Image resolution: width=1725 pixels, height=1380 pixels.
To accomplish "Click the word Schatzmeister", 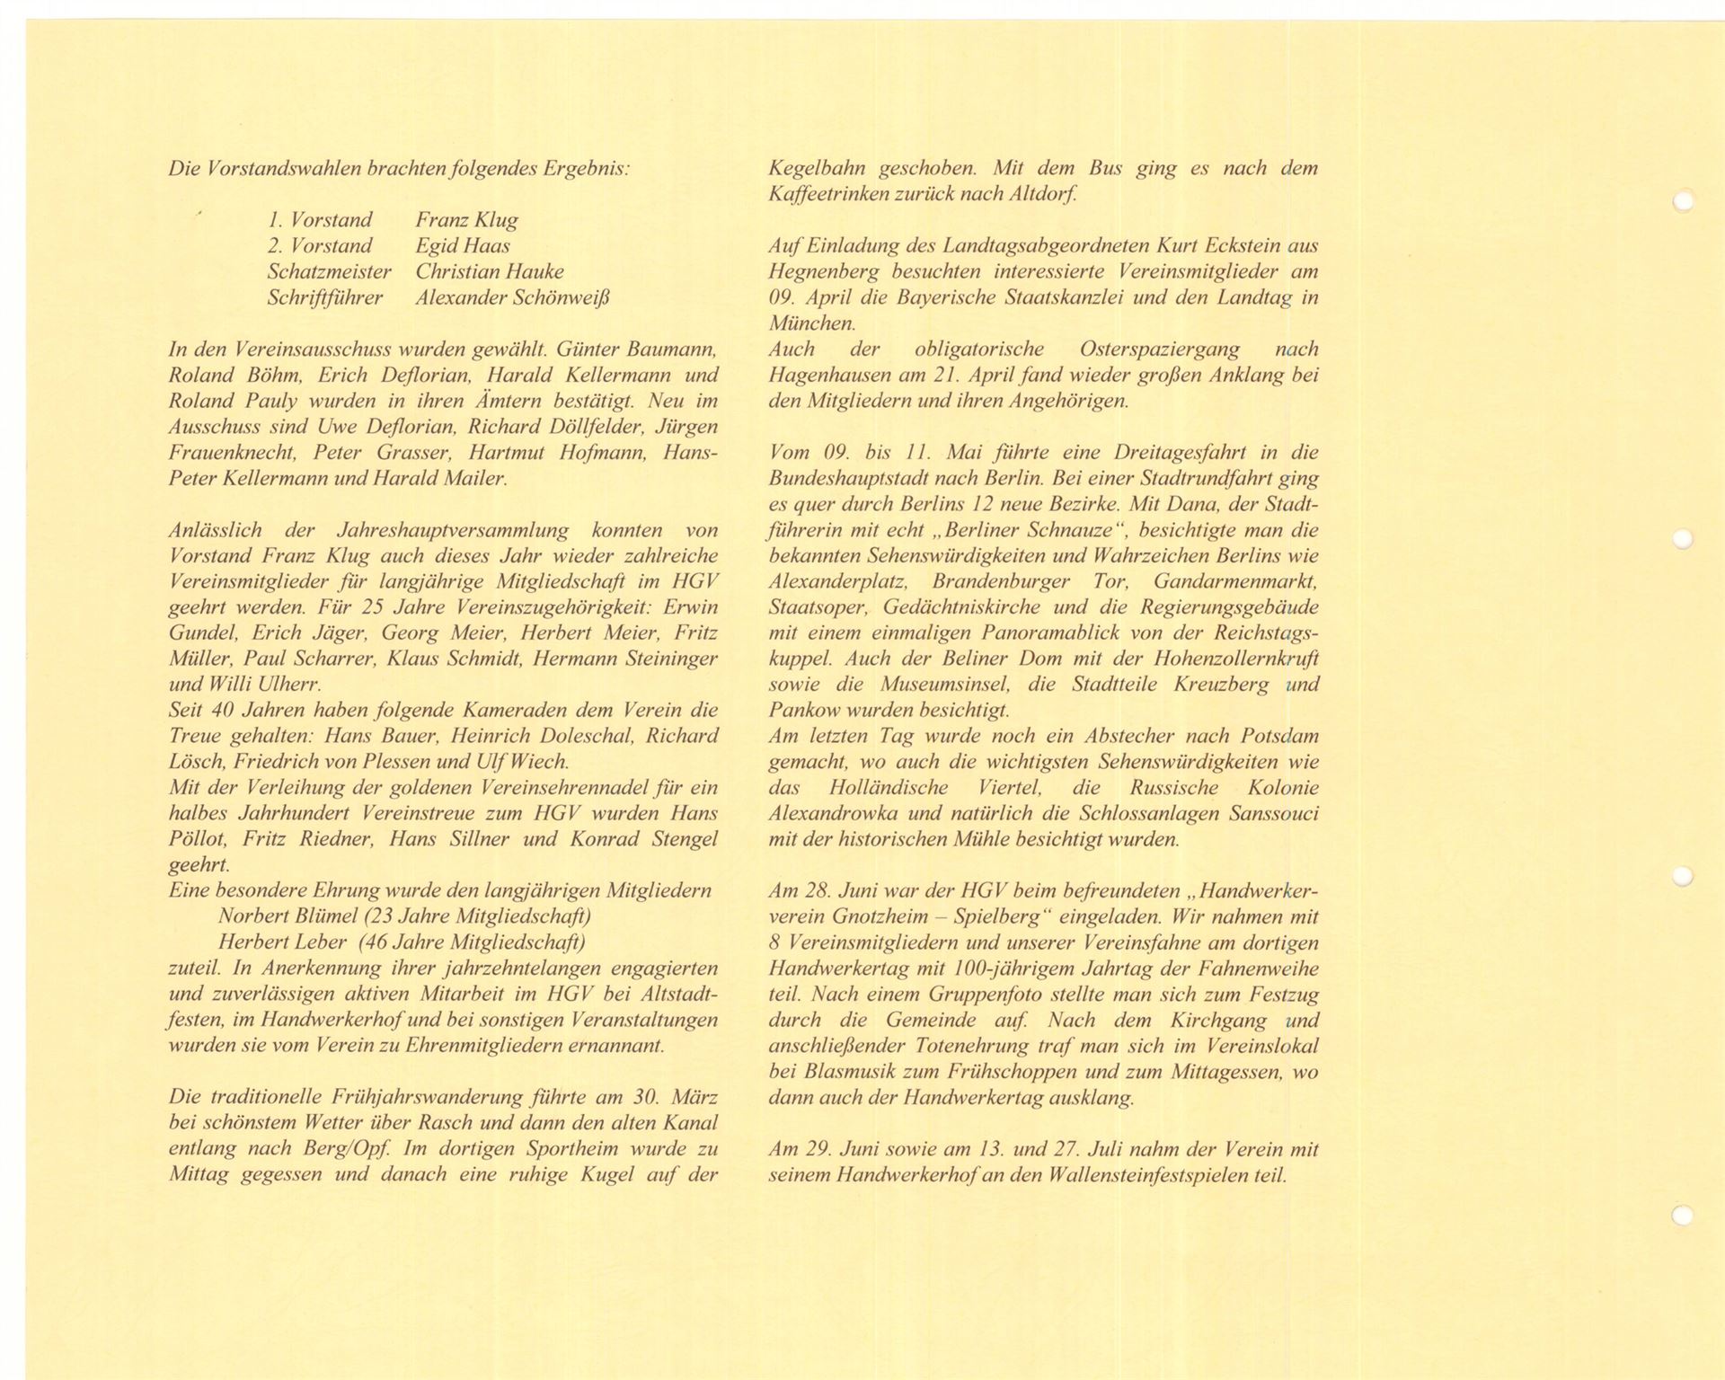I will click(329, 271).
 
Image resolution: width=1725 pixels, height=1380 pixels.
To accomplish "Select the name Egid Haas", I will click(462, 245).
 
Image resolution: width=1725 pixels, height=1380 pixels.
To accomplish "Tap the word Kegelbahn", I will click(814, 168).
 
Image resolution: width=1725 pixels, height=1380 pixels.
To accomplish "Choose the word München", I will click(810, 323).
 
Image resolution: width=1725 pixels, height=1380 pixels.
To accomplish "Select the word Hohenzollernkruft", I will click(1241, 659).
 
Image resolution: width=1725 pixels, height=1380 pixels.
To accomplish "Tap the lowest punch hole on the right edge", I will click(1683, 1215).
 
